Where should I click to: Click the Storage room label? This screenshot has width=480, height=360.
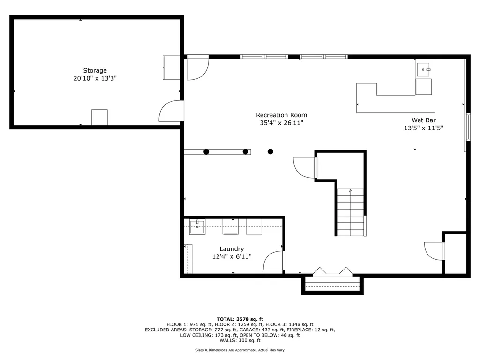[x=95, y=71]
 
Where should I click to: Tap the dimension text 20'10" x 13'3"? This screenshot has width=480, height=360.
[x=95, y=79]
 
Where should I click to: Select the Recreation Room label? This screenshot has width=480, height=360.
[x=281, y=115]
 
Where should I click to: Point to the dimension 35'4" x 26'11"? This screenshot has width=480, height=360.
[x=281, y=123]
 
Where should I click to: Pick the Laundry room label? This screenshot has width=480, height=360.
[x=232, y=249]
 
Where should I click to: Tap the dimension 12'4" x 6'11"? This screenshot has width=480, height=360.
[x=232, y=256]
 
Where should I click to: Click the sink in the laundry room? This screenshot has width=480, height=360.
[x=197, y=226]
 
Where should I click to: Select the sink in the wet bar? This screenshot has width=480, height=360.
[x=424, y=69]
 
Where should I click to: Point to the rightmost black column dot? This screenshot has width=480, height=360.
[x=270, y=151]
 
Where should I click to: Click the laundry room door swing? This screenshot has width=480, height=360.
[x=274, y=261]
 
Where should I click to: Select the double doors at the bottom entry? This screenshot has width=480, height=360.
[x=332, y=271]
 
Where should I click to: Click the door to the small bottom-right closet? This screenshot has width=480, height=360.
[x=434, y=250]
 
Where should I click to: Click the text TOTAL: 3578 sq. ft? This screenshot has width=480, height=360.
[x=240, y=319]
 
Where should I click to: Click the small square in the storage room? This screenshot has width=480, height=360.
[x=99, y=117]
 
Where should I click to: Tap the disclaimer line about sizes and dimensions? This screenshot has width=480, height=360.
[x=240, y=350]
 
